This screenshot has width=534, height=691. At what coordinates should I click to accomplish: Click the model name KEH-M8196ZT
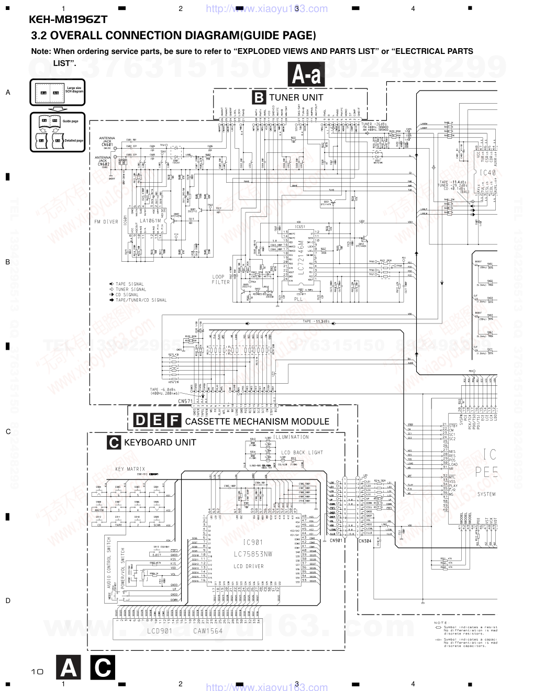[68, 19]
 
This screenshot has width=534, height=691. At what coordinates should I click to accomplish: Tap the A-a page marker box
[306, 75]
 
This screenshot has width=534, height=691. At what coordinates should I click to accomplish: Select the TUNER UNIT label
[296, 97]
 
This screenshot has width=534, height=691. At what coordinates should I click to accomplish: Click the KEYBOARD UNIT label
[160, 442]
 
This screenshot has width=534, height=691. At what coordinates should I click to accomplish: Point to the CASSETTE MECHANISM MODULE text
[257, 421]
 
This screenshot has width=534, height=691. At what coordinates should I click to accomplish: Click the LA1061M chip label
[150, 221]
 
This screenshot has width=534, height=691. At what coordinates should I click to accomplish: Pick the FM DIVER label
[106, 222]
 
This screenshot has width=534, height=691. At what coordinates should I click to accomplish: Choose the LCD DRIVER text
[253, 566]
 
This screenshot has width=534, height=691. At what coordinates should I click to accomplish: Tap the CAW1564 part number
[208, 631]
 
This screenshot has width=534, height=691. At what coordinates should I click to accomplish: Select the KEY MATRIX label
[130, 469]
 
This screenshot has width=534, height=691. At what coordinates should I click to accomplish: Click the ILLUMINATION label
[291, 437]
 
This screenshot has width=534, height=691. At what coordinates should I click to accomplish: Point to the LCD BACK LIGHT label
[303, 452]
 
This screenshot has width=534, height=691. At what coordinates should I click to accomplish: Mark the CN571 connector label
[185, 401]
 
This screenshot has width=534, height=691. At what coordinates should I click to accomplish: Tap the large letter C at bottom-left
[103, 668]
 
